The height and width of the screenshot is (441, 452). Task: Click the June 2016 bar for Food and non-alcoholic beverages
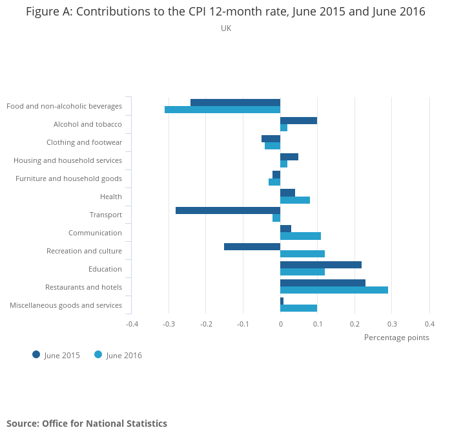(x=222, y=110)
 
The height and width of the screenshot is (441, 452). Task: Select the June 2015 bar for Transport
(x=228, y=210)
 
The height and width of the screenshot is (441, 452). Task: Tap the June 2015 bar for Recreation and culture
(x=252, y=246)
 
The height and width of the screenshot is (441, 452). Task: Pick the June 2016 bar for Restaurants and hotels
(x=334, y=290)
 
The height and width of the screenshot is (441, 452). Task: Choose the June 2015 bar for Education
(x=321, y=264)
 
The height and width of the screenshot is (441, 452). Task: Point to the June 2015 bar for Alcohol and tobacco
(x=298, y=120)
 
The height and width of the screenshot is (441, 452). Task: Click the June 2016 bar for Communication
(x=300, y=236)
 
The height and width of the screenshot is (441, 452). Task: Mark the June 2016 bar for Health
(x=295, y=200)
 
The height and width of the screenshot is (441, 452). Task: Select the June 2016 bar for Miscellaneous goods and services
(x=298, y=308)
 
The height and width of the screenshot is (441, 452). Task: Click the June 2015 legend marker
(x=36, y=354)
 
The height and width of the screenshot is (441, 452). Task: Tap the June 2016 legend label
(x=124, y=355)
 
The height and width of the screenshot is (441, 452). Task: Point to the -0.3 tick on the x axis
(x=169, y=324)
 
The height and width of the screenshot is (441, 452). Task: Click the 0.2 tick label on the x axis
(x=354, y=324)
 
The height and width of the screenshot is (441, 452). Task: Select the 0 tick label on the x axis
(x=280, y=324)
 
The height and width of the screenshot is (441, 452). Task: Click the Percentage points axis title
(x=396, y=338)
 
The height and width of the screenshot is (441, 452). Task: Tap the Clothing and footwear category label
(x=84, y=142)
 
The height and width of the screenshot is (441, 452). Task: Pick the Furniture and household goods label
(x=68, y=178)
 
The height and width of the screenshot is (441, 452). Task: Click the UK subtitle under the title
(x=226, y=28)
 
